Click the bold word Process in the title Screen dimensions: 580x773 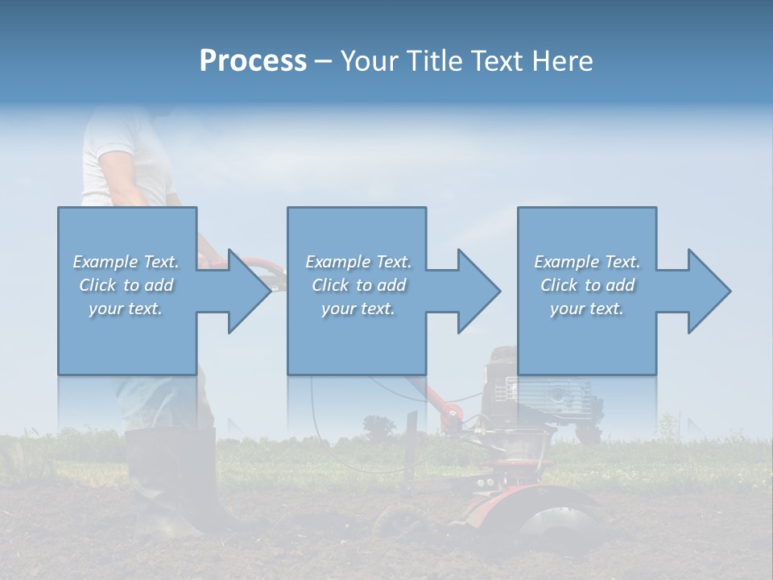pyautogui.click(x=253, y=61)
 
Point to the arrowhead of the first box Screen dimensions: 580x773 pyautogui.click(x=249, y=291)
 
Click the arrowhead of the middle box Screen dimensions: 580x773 pyautogui.click(x=478, y=291)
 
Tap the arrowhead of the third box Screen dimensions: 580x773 pyautogui.click(x=709, y=291)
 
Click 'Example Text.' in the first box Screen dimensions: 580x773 pyautogui.click(x=126, y=262)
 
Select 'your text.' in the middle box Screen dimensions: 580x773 pyautogui.click(x=358, y=309)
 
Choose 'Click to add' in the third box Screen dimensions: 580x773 pyautogui.click(x=587, y=285)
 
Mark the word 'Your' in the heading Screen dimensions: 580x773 pyautogui.click(x=368, y=61)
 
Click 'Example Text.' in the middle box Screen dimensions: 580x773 pyautogui.click(x=358, y=262)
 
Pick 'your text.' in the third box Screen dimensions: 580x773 pyautogui.click(x=586, y=309)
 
